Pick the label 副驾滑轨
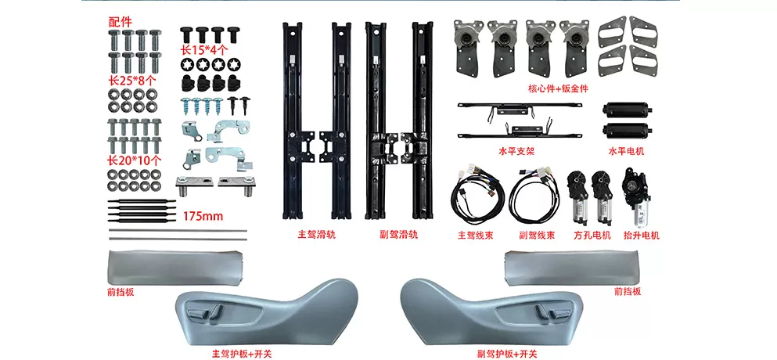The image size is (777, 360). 398,233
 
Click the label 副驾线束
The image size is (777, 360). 538,233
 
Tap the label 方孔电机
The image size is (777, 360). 592,233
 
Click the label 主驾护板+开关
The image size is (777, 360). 243,354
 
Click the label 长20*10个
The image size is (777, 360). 134,160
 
